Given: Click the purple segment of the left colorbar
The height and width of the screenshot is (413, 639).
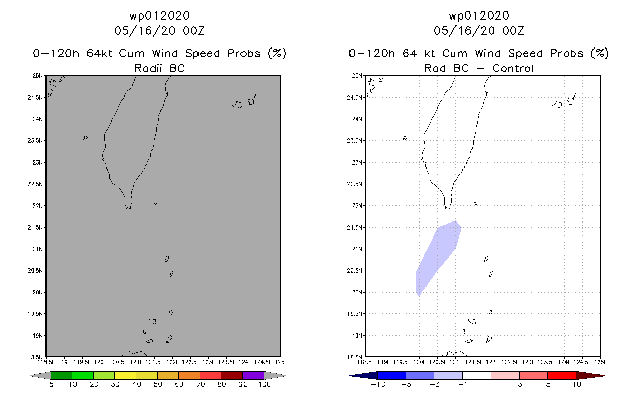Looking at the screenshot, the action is point(253,375).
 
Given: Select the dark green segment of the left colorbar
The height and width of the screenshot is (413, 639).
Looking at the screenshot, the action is point(62,375).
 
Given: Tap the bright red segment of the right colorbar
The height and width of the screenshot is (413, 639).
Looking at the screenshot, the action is point(562,375).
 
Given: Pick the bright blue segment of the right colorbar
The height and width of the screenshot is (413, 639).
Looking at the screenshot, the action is point(392,375).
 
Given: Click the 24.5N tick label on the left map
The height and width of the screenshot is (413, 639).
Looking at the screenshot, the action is point(35,98).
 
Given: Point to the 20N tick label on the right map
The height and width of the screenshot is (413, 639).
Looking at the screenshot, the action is point(357,292).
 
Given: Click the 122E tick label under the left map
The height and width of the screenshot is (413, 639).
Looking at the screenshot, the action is point(172,362).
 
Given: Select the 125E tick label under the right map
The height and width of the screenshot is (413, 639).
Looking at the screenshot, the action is point(601,362).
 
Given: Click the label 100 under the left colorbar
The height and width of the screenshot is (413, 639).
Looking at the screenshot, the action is point(264,384).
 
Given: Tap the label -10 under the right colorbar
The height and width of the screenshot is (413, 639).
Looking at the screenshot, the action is point(378,384).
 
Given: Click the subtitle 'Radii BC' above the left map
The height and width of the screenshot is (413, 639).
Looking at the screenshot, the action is point(159,68).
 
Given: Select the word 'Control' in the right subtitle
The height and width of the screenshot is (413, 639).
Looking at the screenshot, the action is point(513,68).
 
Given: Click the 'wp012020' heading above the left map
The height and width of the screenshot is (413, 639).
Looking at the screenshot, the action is point(159,16).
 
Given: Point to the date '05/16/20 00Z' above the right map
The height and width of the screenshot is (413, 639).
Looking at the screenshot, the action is point(479,30).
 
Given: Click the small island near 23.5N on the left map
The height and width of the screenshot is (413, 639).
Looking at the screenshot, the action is point(85,138).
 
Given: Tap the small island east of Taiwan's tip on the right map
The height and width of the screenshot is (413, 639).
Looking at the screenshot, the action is point(475,203).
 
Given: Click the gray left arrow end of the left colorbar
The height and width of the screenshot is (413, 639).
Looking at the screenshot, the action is point(40,375).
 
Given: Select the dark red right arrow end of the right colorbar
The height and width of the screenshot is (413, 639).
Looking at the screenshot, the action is point(590,375).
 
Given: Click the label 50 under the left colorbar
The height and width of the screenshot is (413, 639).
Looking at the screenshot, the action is point(158,384).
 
